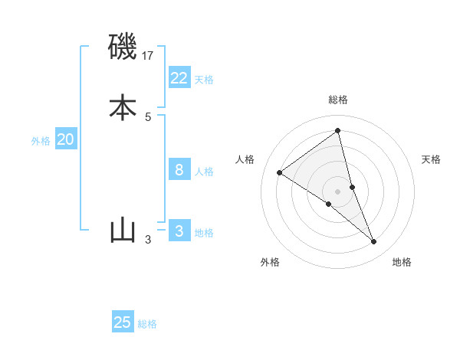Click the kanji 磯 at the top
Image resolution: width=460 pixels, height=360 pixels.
pos(123,47)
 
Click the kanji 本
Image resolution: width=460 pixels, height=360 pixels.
pos(123,106)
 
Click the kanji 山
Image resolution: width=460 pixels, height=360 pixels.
pos(123,230)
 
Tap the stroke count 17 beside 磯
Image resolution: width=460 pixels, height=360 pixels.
pos(149,56)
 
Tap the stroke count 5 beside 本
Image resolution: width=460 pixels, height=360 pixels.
pos(148,116)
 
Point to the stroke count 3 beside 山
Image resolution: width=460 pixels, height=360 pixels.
pos(148,240)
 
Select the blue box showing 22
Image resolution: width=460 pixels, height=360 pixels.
pos(179,77)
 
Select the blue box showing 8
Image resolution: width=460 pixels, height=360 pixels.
pos(179,169)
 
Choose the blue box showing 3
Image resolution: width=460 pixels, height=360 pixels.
pos(179,231)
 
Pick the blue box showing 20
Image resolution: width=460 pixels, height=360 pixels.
pos(66,139)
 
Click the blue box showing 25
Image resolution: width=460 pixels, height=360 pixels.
pos(123,322)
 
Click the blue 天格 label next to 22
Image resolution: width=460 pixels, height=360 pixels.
pos(204,80)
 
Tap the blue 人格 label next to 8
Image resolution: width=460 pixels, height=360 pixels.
pos(204,172)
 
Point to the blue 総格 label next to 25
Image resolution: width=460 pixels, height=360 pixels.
pos(147,324)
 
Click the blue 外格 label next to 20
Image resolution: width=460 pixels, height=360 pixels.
pos(41,141)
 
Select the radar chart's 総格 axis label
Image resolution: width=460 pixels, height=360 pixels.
pos(337,100)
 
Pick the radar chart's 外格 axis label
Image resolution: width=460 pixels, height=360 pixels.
pos(270,262)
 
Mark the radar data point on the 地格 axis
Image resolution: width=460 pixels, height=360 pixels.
pos(374,242)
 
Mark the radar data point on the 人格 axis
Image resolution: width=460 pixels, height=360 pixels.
pos(279,172)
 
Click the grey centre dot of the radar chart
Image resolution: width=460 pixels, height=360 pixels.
pos(337,191)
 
